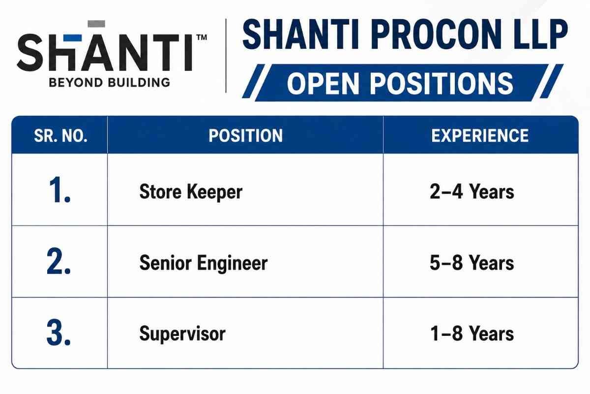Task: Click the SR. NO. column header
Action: pyautogui.click(x=60, y=136)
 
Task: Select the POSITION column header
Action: pyautogui.click(x=245, y=136)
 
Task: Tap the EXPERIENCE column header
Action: pyautogui.click(x=480, y=136)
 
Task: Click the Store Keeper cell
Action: pyautogui.click(x=191, y=192)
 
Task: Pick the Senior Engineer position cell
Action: pyautogui.click(x=204, y=263)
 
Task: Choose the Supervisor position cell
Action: pyautogui.click(x=182, y=334)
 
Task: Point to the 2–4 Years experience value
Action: pyautogui.click(x=472, y=192)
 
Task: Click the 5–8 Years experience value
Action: pyautogui.click(x=472, y=263)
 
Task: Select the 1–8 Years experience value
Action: pyautogui.click(x=472, y=334)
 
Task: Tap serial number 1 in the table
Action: pyautogui.click(x=60, y=190)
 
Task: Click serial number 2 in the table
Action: pyautogui.click(x=59, y=261)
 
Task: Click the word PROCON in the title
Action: pyautogui.click(x=437, y=34)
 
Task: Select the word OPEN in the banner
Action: pyautogui.click(x=323, y=83)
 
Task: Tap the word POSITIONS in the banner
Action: pyautogui.click(x=442, y=83)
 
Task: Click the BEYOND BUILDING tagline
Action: pyautogui.click(x=109, y=83)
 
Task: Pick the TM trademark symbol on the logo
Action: pyautogui.click(x=202, y=37)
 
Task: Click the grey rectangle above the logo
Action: pyautogui.click(x=96, y=24)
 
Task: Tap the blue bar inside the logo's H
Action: pyautogui.click(x=73, y=38)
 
